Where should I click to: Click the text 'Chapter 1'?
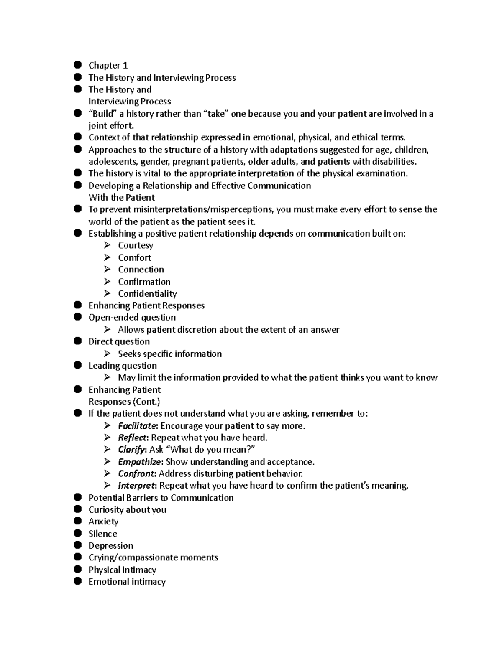pyautogui.click(x=108, y=65)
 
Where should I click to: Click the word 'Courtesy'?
pyautogui.click(x=136, y=245)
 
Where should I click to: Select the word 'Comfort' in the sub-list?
pyautogui.click(x=134, y=257)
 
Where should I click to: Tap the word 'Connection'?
pyautogui.click(x=141, y=270)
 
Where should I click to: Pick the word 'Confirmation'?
pyautogui.click(x=144, y=282)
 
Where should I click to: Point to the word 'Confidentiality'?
pyautogui.click(x=147, y=294)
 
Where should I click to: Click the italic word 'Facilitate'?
pyautogui.click(x=137, y=426)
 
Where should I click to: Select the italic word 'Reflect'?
pyautogui.click(x=133, y=438)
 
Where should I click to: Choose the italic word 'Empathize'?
pyautogui.click(x=140, y=462)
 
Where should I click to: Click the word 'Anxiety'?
pyautogui.click(x=103, y=522)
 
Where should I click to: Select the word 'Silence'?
pyautogui.click(x=102, y=534)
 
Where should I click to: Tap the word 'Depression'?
pyautogui.click(x=110, y=546)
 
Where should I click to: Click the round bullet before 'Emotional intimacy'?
pyautogui.click(x=77, y=581)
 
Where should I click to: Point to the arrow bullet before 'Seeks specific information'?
pyautogui.click(x=108, y=354)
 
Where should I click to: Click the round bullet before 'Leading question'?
pyautogui.click(x=77, y=365)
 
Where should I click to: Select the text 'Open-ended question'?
pyautogui.click(x=132, y=318)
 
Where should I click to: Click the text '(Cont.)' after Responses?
pyautogui.click(x=146, y=402)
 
